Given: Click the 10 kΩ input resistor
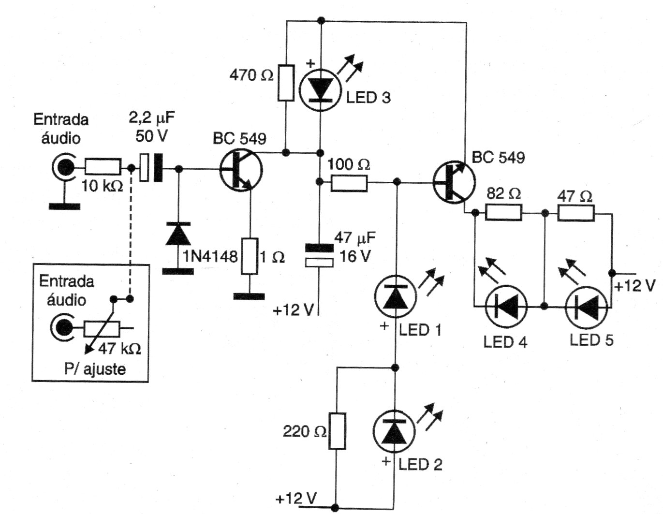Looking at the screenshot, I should click(x=103, y=167).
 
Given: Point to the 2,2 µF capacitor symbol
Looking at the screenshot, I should click(x=151, y=168).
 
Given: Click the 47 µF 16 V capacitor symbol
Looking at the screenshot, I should click(x=319, y=255).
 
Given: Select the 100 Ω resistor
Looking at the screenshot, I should click(x=349, y=183).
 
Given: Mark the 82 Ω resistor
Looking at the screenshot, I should click(x=503, y=212).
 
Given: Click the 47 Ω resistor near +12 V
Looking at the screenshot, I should click(x=576, y=212).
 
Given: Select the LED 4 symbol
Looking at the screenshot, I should click(x=506, y=307).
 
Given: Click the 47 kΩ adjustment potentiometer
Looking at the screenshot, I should click(x=102, y=329).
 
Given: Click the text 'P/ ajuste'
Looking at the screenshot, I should click(x=95, y=369).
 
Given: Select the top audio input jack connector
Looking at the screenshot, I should click(x=63, y=168).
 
